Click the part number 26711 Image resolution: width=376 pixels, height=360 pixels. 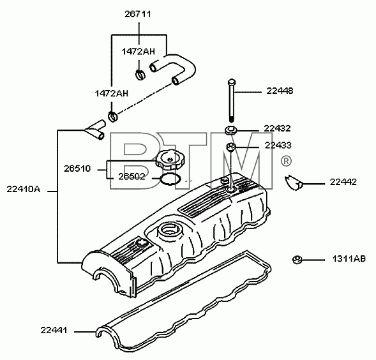click(x=138, y=14)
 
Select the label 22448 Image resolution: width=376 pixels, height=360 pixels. click(x=280, y=91)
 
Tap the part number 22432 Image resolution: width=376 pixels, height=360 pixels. click(x=277, y=128)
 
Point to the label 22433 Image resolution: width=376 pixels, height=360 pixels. click(x=278, y=145)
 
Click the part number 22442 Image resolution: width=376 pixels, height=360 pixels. click(x=343, y=182)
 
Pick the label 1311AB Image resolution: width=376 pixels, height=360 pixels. click(x=349, y=259)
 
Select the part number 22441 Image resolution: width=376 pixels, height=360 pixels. click(x=54, y=330)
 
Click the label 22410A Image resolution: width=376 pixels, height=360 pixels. click(x=24, y=189)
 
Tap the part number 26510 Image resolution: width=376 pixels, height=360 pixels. click(x=77, y=169)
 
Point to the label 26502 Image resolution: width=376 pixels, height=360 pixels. click(x=132, y=177)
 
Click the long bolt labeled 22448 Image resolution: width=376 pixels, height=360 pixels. click(x=231, y=100)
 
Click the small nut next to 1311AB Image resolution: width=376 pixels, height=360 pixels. click(x=297, y=260)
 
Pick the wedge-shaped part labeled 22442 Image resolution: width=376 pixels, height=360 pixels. click(x=293, y=183)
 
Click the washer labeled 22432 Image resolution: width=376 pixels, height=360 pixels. click(x=231, y=130)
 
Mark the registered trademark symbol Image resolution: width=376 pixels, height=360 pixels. click(x=286, y=161)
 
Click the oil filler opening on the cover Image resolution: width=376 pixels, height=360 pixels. click(x=169, y=231)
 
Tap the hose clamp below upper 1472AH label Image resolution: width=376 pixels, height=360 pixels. click(x=140, y=75)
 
